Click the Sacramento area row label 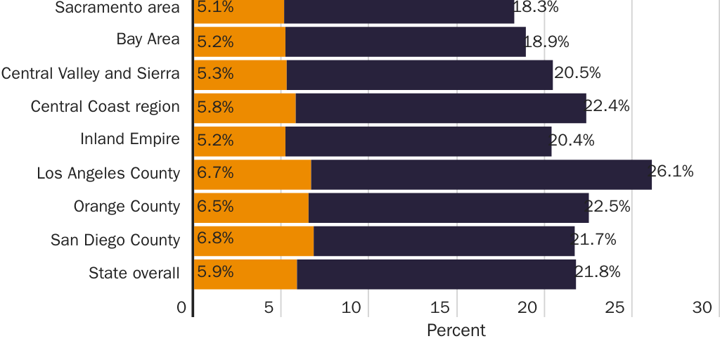[117, 8]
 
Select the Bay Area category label [148, 39]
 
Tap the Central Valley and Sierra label [90, 73]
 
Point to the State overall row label [134, 274]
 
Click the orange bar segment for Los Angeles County [252, 174]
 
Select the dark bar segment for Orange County [448, 207]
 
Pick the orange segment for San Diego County [254, 240]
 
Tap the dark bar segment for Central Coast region [440, 108]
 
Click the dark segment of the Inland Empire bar [418, 141]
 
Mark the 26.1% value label [671, 171]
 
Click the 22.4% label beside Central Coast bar [607, 106]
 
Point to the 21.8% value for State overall [598, 271]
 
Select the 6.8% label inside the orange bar [215, 238]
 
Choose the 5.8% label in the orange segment [215, 107]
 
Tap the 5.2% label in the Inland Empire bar [215, 140]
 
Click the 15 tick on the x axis [439, 307]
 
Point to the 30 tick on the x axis [701, 307]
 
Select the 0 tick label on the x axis [181, 307]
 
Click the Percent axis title [456, 330]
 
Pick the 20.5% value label [577, 72]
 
